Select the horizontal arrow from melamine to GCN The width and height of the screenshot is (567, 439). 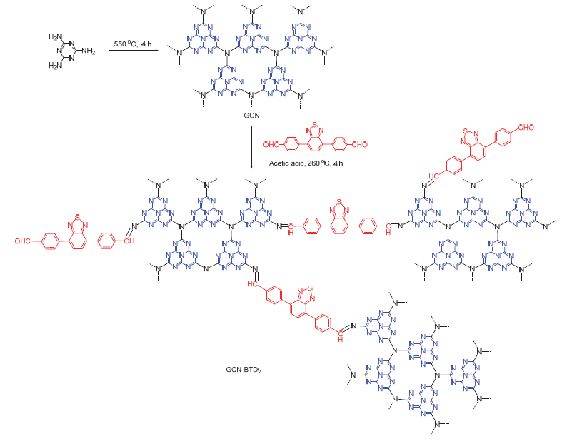tap(132, 51)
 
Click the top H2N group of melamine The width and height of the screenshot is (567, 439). tap(56, 36)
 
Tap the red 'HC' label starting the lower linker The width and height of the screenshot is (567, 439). tap(253, 283)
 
